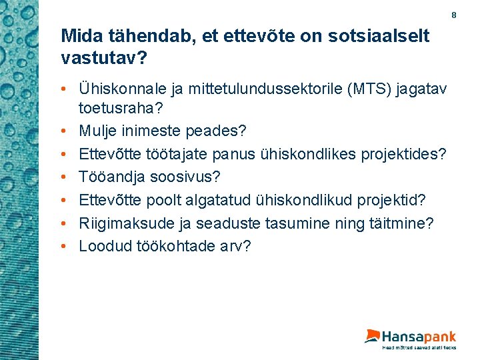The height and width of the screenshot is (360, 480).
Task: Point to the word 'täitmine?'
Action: click(x=399, y=223)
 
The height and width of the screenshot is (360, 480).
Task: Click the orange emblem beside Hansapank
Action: click(x=372, y=336)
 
